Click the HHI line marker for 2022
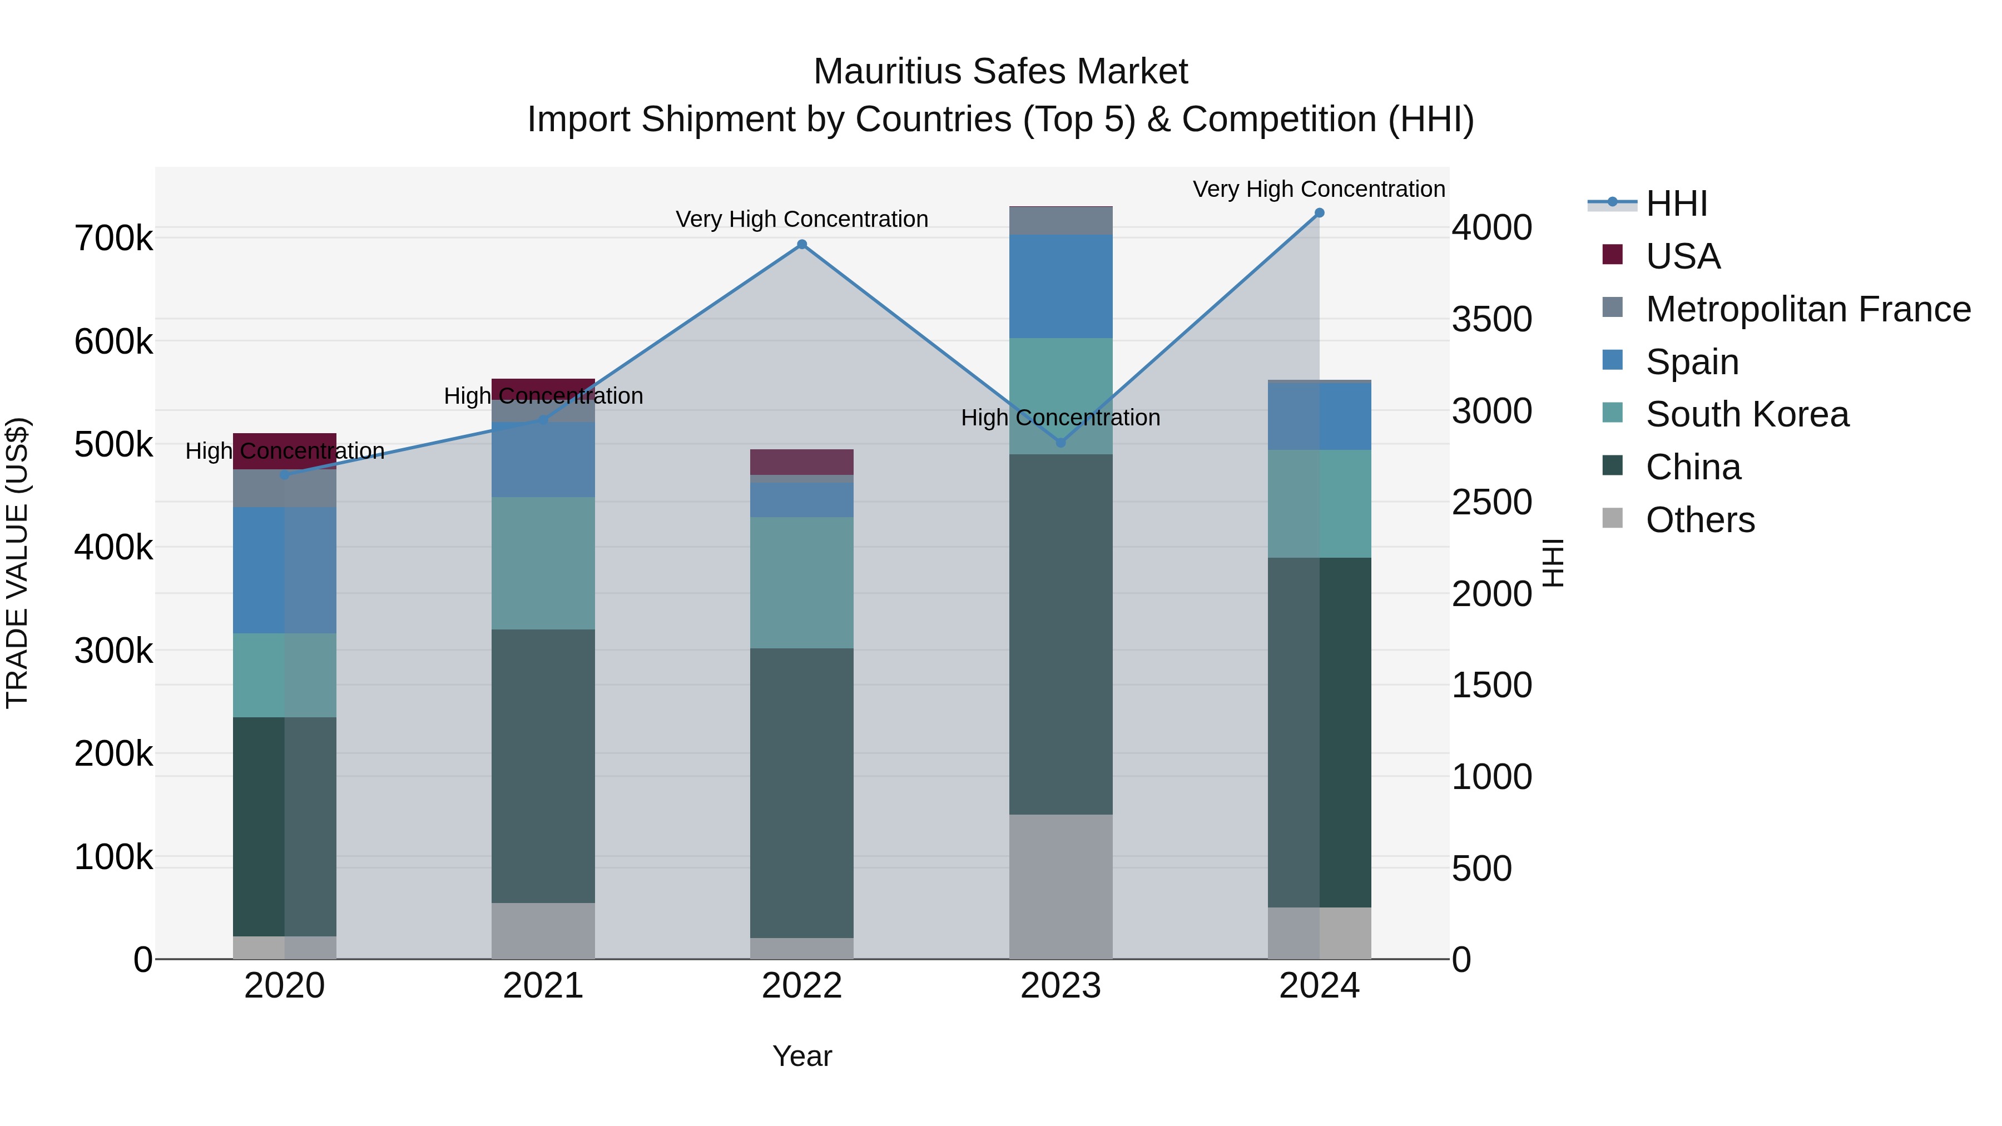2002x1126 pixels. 802,245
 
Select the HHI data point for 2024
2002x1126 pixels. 1319,213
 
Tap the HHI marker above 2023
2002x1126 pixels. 1061,443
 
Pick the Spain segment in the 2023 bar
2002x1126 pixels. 1061,286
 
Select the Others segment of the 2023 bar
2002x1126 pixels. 1061,887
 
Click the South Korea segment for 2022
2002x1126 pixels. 802,583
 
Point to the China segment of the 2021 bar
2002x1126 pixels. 543,766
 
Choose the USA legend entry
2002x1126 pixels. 1683,256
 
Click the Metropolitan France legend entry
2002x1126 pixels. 1808,309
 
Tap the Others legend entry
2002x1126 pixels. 1699,519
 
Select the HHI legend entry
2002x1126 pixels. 1676,204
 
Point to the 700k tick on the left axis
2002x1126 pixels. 113,239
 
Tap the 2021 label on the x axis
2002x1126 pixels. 543,986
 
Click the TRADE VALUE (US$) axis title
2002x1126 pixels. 17,563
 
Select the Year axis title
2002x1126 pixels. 802,1056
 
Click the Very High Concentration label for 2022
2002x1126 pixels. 802,219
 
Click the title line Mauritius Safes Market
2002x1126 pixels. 1000,72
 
